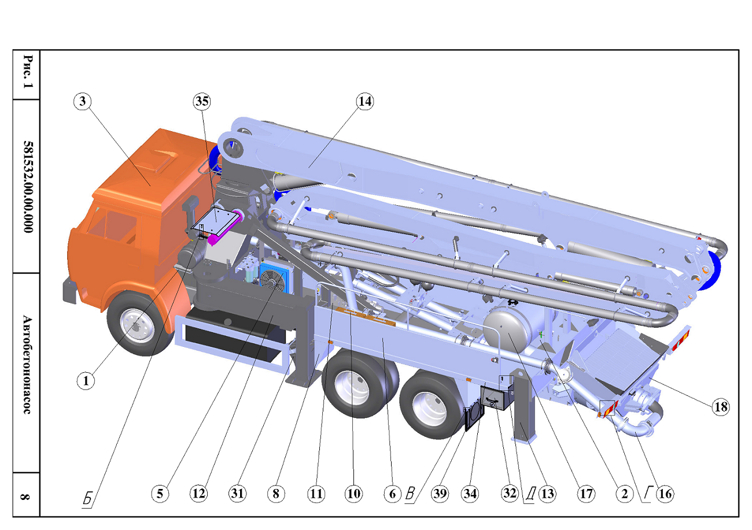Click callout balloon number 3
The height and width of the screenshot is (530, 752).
83,101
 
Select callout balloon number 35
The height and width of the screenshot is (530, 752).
202,101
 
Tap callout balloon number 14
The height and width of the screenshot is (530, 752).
365,101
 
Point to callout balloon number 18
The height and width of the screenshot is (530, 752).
720,407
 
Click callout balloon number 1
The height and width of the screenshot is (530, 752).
86,381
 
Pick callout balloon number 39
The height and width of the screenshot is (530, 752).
440,494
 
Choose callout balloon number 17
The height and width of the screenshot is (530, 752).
586,494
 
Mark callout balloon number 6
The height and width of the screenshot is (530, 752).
392,494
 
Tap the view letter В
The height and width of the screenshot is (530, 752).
410,494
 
